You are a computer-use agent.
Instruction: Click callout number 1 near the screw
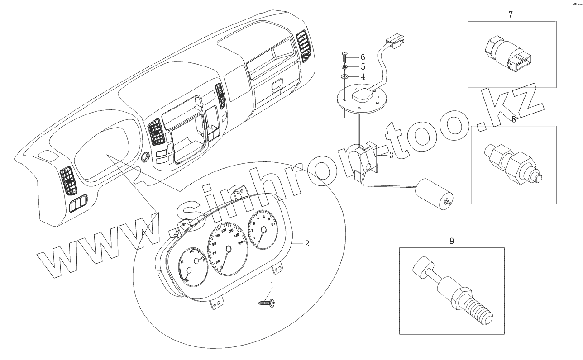pyautogui.click(x=272, y=285)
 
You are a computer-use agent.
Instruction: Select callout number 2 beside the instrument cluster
pyautogui.click(x=306, y=244)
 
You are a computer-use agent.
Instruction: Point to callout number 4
pyautogui.click(x=362, y=76)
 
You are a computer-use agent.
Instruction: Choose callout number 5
pyautogui.click(x=362, y=67)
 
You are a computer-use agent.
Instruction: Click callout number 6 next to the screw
pyautogui.click(x=362, y=57)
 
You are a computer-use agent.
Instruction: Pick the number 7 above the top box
pyautogui.click(x=511, y=14)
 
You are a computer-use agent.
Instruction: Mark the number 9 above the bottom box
pyautogui.click(x=451, y=241)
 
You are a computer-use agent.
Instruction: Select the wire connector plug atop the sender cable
pyautogui.click(x=394, y=40)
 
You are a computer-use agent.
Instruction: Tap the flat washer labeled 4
pyautogui.click(x=344, y=77)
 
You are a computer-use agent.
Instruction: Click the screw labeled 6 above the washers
pyautogui.click(x=344, y=57)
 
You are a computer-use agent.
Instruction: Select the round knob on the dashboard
pyautogui.click(x=146, y=157)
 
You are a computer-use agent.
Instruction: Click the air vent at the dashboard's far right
pyautogui.click(x=305, y=45)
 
